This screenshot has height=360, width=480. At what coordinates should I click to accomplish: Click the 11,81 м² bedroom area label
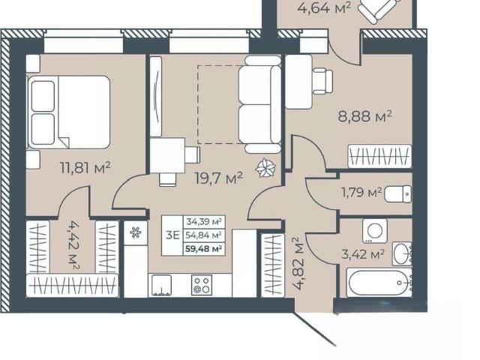(x=85, y=167)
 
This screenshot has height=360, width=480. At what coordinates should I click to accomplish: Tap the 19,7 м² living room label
(x=219, y=178)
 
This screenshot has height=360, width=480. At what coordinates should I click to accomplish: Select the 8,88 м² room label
(x=365, y=116)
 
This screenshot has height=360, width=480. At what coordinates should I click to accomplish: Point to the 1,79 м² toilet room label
(x=361, y=193)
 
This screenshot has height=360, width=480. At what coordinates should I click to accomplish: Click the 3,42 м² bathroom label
(x=363, y=253)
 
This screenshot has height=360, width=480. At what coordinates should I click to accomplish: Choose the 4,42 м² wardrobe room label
(x=73, y=245)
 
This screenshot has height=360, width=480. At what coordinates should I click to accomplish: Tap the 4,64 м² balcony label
(x=324, y=7)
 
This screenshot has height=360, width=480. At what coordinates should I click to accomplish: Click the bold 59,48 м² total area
(x=203, y=249)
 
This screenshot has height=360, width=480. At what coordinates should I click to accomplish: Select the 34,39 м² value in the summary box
(x=204, y=221)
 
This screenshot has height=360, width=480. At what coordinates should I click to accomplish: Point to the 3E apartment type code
(x=172, y=235)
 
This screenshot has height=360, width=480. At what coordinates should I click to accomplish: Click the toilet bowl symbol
(x=398, y=193)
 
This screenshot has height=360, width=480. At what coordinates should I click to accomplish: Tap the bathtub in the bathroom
(x=378, y=283)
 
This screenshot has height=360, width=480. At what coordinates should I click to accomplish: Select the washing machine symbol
(x=375, y=231)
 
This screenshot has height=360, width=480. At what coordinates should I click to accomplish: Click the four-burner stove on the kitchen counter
(x=202, y=285)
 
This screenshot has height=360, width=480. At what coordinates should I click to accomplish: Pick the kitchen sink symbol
(x=160, y=285)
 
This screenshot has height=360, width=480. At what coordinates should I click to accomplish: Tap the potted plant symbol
(x=265, y=168)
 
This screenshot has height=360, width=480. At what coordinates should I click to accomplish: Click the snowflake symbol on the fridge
(x=135, y=232)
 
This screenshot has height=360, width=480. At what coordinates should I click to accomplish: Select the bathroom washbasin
(x=402, y=253)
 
